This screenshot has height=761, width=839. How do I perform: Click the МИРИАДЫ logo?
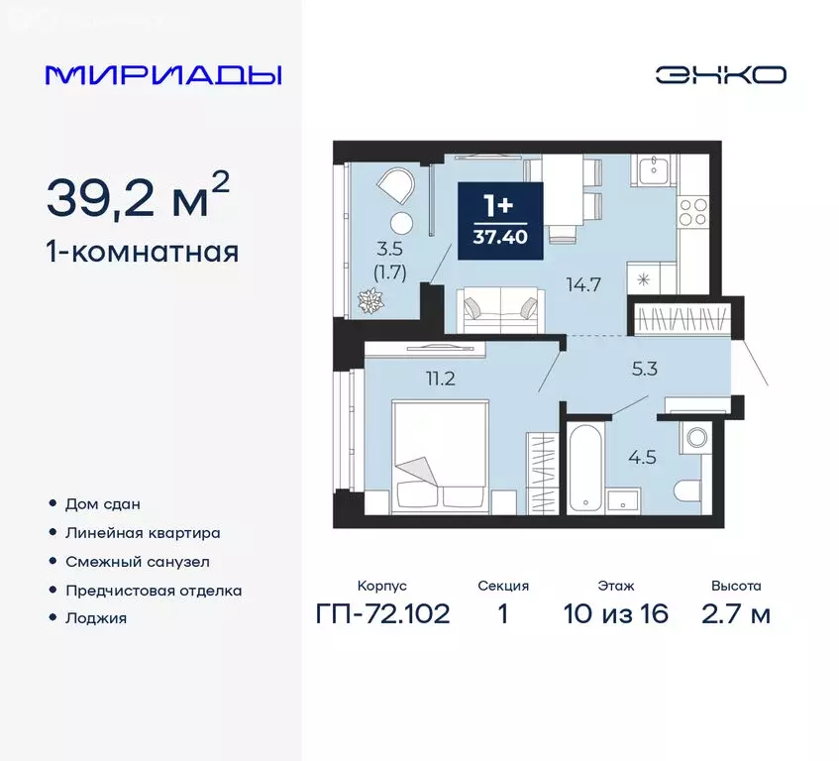tap(163, 75)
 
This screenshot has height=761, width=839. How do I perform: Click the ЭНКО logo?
tap(720, 75)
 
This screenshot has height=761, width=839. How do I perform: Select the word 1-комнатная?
tap(143, 252)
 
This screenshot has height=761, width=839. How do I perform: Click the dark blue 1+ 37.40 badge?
tap(499, 221)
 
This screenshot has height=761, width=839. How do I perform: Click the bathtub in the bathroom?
tap(583, 466)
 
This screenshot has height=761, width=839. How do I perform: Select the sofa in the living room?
tap(501, 308)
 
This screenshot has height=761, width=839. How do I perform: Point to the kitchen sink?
tap(655, 171)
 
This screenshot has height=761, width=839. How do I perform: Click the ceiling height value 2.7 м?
tap(736, 613)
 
